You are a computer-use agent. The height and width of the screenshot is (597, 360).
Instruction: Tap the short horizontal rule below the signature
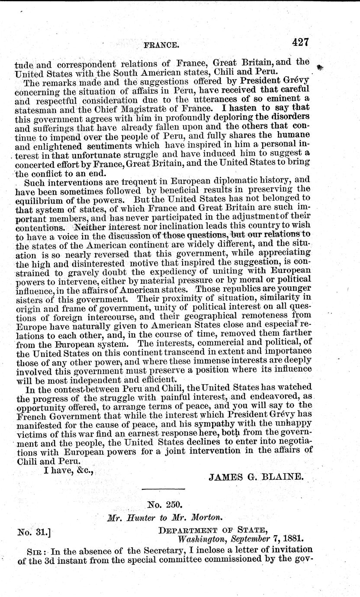click(164, 489)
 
